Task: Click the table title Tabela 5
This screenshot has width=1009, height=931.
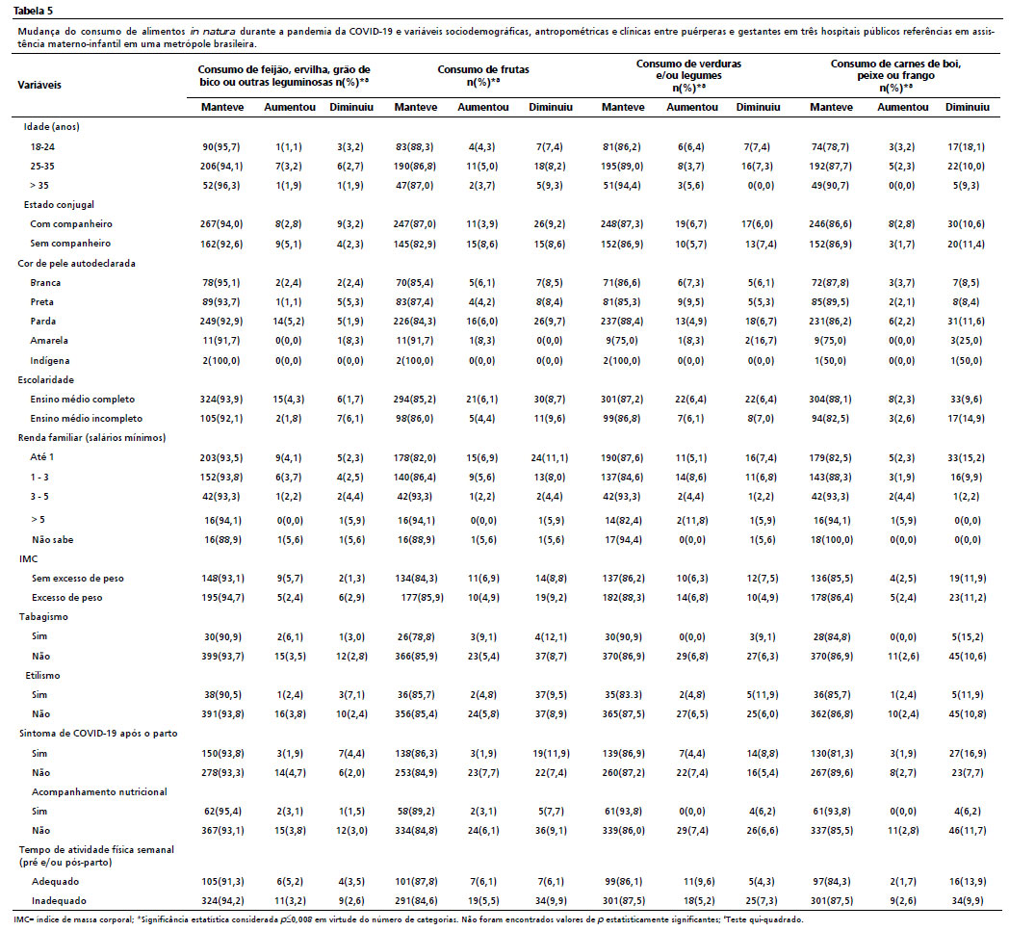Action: (x=32, y=10)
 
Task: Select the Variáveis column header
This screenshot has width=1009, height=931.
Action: (x=39, y=85)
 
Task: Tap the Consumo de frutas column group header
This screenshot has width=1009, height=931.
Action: (x=483, y=75)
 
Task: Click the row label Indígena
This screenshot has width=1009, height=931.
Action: (x=49, y=360)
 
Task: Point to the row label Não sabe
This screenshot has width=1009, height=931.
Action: (x=53, y=540)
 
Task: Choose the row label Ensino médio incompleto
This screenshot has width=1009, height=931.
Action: (x=87, y=418)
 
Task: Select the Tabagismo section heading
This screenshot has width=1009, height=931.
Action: (x=43, y=616)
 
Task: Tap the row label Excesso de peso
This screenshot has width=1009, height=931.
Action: (x=67, y=597)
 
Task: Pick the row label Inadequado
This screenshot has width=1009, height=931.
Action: (x=59, y=901)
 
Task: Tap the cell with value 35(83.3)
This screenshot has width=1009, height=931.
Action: (x=622, y=695)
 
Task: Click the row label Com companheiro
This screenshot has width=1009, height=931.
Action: (x=71, y=224)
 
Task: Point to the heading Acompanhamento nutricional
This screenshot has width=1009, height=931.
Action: (x=99, y=791)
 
